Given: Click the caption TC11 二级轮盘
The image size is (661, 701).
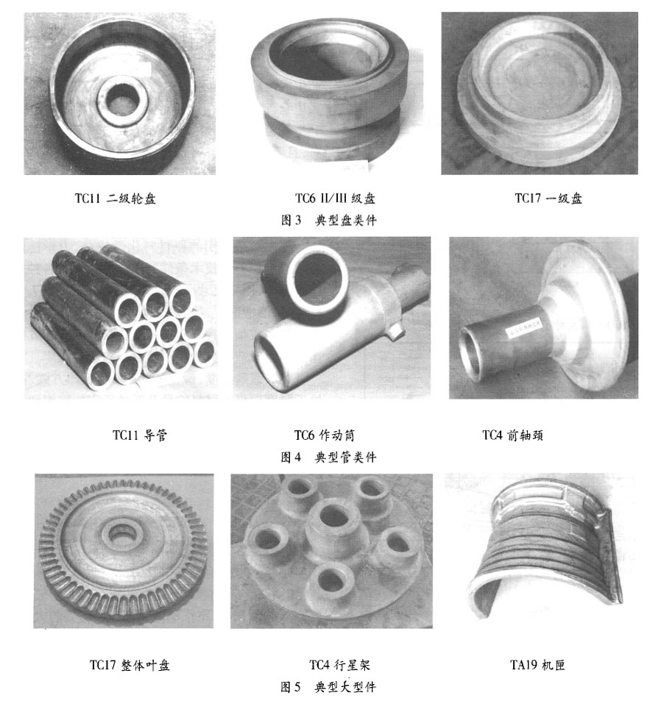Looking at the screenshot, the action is point(115,199).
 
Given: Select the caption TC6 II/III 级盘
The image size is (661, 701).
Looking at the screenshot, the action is point(335,199).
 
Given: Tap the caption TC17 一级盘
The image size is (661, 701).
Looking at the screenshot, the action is point(548,199).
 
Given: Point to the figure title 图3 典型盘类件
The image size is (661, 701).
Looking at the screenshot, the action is point(329,220).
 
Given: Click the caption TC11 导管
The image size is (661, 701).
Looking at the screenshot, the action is point(140,435).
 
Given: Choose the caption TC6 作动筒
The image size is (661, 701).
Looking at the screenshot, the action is point(324,435).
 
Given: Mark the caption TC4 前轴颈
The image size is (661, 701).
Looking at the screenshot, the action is point(512,435).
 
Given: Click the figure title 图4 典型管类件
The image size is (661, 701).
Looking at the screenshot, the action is point(329,457).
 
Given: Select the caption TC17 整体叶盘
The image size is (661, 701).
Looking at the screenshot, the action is point(130,665).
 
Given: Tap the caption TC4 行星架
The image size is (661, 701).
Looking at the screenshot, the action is point(340,665).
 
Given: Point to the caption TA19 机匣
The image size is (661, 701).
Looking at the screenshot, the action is point(537,665).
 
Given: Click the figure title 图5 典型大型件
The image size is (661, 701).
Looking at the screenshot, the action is point(329,687).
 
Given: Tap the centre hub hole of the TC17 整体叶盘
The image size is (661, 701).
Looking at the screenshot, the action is point(119,532).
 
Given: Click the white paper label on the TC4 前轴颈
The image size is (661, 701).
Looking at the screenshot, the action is point(523,329).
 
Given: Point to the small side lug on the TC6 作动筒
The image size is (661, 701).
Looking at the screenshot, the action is point(395,331).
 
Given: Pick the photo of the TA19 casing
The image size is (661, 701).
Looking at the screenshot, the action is point(542,551).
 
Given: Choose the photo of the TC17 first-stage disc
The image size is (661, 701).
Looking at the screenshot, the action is point(540,93).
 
